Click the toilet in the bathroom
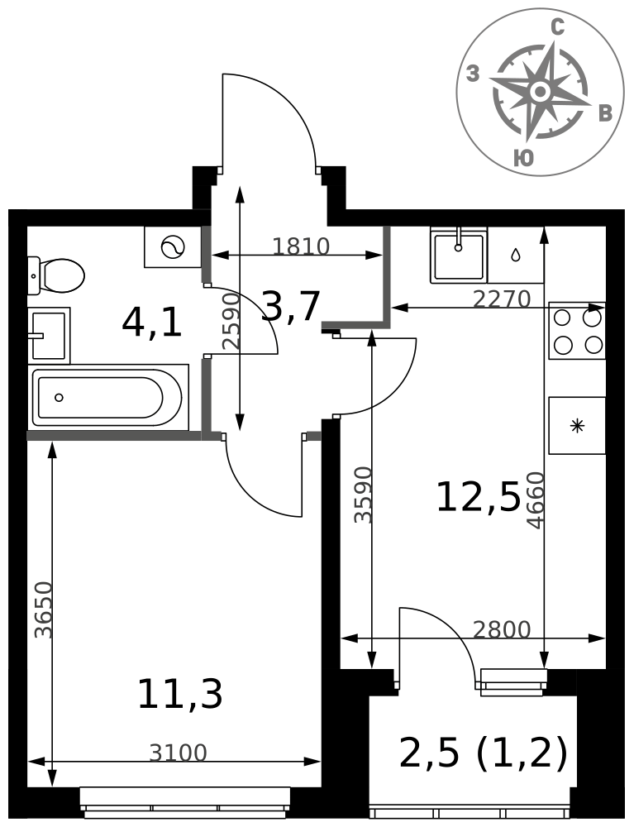pyautogui.click(x=56, y=275)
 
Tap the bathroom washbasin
pyautogui.click(x=49, y=335)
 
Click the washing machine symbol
pyautogui.click(x=173, y=246)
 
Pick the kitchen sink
pyautogui.click(x=459, y=255)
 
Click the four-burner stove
pyautogui.click(x=577, y=331)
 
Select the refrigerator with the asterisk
pyautogui.click(x=577, y=426)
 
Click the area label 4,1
pyautogui.click(x=152, y=323)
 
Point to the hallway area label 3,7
pyautogui.click(x=291, y=307)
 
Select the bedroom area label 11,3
pyautogui.click(x=179, y=694)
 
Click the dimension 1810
pyautogui.click(x=301, y=246)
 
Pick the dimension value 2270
pyautogui.click(x=501, y=299)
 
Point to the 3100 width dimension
pyautogui.click(x=178, y=753)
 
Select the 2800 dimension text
pyautogui.click(x=501, y=629)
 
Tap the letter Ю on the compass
pyautogui.click(x=523, y=157)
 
